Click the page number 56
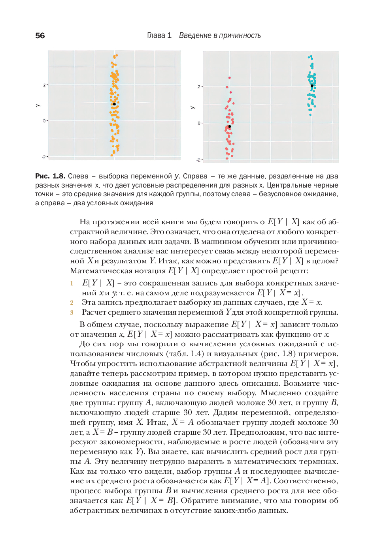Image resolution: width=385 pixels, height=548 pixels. (40, 36)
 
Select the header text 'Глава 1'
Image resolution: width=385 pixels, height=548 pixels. (159, 36)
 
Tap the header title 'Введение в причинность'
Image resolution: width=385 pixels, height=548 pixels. (220, 36)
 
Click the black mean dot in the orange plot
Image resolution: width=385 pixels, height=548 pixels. (114, 104)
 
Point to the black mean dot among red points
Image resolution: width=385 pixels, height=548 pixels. (229, 127)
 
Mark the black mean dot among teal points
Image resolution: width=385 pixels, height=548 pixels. (312, 86)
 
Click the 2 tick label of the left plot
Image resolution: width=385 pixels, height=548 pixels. (44, 85)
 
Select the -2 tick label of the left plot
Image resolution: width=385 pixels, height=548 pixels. (43, 157)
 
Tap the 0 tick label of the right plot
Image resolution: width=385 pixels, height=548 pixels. (199, 123)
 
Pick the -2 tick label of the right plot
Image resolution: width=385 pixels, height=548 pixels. (198, 160)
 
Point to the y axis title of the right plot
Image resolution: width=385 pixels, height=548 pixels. (192, 107)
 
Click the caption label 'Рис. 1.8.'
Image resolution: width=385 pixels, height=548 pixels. (50, 176)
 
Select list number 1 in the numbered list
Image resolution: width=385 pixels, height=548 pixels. (72, 283)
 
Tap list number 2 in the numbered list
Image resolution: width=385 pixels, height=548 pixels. (72, 303)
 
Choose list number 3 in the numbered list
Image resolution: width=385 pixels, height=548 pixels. (72, 313)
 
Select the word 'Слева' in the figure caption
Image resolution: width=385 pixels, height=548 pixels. (78, 176)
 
